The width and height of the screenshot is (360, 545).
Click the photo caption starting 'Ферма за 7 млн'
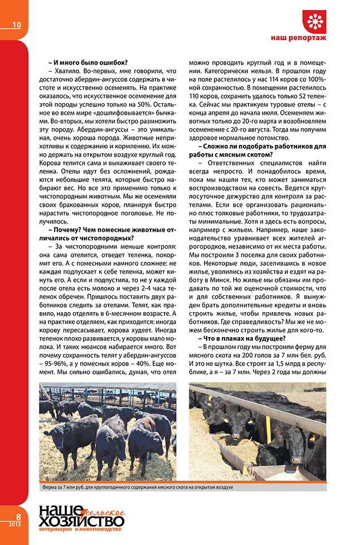(137, 487)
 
